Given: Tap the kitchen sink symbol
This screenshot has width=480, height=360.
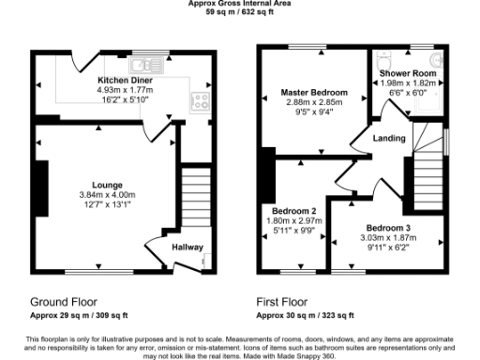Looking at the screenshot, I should click(x=144, y=65).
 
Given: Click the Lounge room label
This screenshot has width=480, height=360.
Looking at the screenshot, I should click(x=107, y=185).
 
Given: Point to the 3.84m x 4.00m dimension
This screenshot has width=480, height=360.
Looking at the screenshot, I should click(x=107, y=196).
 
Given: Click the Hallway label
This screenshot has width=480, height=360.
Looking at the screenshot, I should click(x=187, y=247).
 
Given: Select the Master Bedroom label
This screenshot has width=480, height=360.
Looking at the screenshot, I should click(x=314, y=93).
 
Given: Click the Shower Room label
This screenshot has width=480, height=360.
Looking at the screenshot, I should click(x=407, y=72).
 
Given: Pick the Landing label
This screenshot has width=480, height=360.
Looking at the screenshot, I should click(x=388, y=139).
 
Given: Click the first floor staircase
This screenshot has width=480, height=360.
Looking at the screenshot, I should click(x=427, y=177).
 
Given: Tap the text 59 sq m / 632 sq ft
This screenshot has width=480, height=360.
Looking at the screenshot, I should click(x=242, y=13).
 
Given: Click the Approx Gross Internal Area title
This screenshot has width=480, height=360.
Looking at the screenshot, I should click(x=242, y=5).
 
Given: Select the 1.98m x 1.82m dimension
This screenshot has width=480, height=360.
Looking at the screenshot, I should click(x=407, y=82).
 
